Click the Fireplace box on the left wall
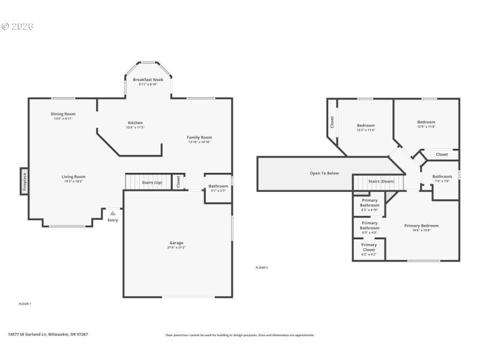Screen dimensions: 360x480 tap(25, 181)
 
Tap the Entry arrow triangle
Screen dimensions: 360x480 tap(112, 213)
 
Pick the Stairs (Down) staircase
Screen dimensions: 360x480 tap(380, 181)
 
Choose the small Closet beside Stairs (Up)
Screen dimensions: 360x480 tap(178, 182)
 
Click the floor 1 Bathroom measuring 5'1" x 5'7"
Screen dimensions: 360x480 tap(218, 188)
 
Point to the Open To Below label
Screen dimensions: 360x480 tap(324, 173)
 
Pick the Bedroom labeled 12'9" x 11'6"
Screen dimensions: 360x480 tap(426, 124)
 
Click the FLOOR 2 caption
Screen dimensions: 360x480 tap(262, 268)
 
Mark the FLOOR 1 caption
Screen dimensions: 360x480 tap(25, 304)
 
